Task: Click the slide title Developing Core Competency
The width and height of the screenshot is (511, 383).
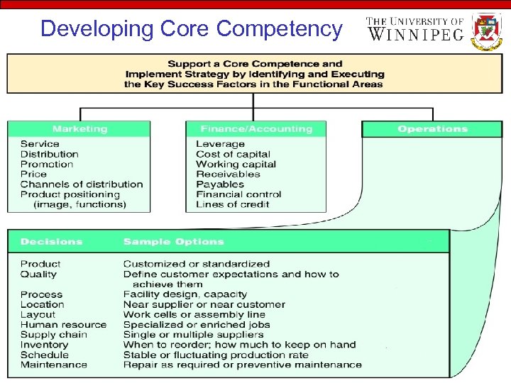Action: coord(192,28)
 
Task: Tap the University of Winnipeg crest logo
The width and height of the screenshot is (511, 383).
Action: coord(487,30)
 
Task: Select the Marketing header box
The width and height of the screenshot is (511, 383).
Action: coord(79,129)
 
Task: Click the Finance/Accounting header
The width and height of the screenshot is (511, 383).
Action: coord(256,129)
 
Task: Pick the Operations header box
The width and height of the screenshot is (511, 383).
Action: coord(432,129)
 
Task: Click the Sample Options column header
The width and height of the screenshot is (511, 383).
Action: coord(173,242)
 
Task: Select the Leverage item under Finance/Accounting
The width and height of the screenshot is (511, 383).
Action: coord(220,144)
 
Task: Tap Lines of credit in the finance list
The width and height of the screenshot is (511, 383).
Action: coord(233,204)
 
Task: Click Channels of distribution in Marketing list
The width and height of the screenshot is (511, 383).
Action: coord(82,184)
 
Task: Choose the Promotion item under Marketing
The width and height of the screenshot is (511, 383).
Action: coord(47,164)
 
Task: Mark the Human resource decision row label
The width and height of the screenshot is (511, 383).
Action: coord(63,325)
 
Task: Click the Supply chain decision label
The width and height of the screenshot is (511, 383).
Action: coord(54,335)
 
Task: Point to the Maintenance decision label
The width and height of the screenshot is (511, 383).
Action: coord(54,365)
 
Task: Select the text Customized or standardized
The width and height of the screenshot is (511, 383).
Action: coord(197,264)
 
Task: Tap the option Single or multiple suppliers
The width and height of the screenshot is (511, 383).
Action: coord(193,335)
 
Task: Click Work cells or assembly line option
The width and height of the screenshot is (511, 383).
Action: coord(194,315)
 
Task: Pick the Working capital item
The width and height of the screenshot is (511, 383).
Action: coord(236,164)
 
